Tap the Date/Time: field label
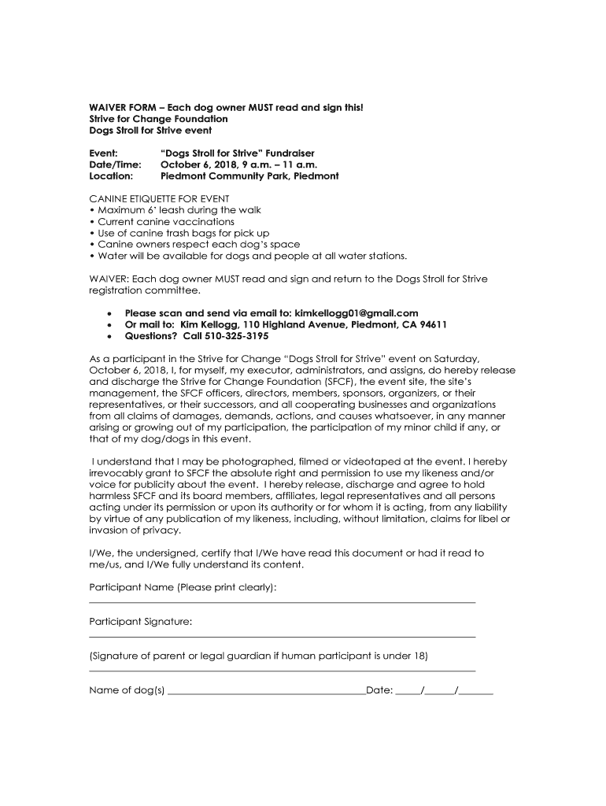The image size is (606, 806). click(x=115, y=165)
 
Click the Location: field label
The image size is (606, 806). click(x=111, y=176)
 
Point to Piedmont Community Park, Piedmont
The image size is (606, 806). click(x=249, y=176)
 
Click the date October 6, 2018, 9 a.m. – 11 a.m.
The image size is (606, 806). click(x=239, y=165)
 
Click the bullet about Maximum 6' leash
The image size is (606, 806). click(x=177, y=210)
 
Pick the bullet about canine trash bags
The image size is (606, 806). click(x=182, y=233)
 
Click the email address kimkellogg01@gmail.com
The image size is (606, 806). click(x=356, y=312)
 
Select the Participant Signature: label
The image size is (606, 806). click(x=140, y=622)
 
